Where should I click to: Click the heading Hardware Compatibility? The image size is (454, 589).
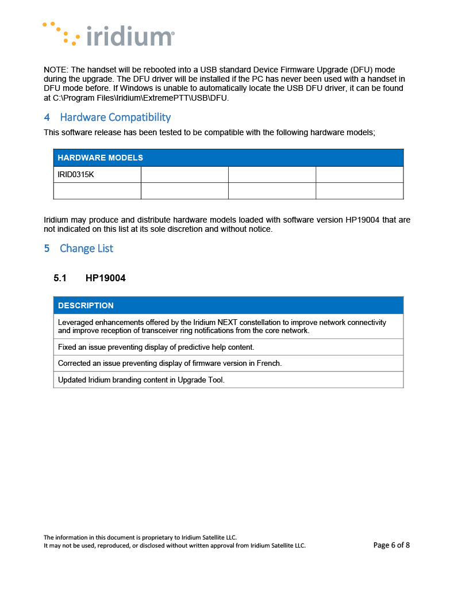115,117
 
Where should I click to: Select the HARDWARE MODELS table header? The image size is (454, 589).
100,158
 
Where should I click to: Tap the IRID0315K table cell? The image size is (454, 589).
76,174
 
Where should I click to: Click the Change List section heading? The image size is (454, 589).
86,248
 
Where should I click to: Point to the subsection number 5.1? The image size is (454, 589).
60,278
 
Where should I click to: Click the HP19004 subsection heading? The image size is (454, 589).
105,278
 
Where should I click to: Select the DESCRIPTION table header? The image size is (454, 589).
86,305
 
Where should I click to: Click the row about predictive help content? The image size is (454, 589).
156,347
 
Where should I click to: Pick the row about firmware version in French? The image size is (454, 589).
170,364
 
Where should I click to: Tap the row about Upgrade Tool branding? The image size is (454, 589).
141,380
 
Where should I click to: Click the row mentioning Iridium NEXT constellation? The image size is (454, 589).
222,326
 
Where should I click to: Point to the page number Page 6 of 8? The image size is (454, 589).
391,545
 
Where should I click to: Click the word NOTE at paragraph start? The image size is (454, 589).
55,70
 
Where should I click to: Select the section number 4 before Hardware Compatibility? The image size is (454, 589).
47,117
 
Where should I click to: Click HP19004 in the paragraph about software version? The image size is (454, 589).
364,220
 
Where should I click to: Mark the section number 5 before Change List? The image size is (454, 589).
47,248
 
